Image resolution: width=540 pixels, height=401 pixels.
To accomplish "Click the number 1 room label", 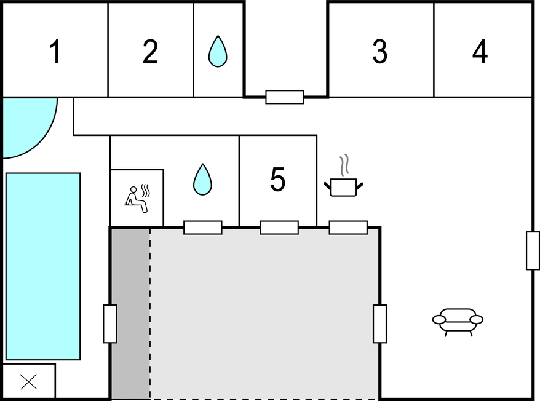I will pyautogui.click(x=55, y=52).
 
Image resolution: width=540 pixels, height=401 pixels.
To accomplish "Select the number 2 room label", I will pyautogui.click(x=150, y=52).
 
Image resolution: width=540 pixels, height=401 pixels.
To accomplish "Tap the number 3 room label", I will pyautogui.click(x=380, y=52).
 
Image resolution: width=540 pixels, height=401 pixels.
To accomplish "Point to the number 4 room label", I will pyautogui.click(x=480, y=52).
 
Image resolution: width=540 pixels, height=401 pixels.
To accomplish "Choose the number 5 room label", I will pyautogui.click(x=278, y=180).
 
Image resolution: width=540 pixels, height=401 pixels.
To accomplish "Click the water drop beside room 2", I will pyautogui.click(x=218, y=51).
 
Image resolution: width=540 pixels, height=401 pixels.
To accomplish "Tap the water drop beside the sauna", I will pyautogui.click(x=202, y=180).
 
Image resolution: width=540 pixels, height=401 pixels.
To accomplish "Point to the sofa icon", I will pyautogui.click(x=458, y=320).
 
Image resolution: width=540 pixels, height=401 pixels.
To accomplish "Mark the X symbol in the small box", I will pyautogui.click(x=28, y=382).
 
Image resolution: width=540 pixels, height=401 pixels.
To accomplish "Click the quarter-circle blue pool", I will pyautogui.click(x=25, y=123).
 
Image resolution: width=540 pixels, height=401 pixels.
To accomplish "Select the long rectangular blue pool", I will pyautogui.click(x=43, y=266).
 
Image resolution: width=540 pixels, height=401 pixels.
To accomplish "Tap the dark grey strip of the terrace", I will pyautogui.click(x=130, y=314).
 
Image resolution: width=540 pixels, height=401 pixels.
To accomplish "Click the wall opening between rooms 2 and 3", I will pyautogui.click(x=285, y=97).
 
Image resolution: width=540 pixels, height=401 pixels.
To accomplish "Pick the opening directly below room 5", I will pyautogui.click(x=279, y=228).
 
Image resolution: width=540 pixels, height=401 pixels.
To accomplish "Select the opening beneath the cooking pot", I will pyautogui.click(x=348, y=228).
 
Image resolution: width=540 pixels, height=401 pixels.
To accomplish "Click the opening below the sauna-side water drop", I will pyautogui.click(x=203, y=228).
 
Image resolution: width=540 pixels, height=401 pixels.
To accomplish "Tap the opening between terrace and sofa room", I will pyautogui.click(x=380, y=324).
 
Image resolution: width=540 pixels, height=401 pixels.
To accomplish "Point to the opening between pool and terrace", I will pyautogui.click(x=110, y=324).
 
